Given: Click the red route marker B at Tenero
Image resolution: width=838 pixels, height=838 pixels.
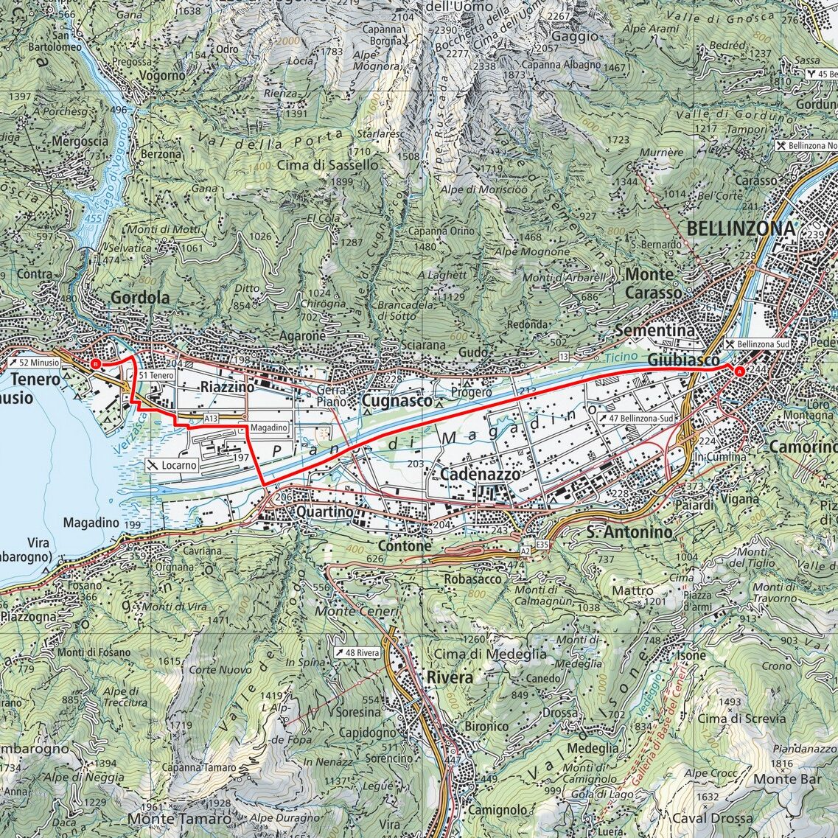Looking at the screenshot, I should point(94,363).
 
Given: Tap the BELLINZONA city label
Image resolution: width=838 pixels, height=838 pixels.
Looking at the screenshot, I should point(741,228).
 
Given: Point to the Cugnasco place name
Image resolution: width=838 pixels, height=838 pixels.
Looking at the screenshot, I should point(397,400).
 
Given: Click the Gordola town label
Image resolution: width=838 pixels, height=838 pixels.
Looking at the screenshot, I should point(140,298).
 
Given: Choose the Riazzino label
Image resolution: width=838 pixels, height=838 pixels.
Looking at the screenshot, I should point(226,387).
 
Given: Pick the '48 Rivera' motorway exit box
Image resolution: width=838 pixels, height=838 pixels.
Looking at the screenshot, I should point(357,652).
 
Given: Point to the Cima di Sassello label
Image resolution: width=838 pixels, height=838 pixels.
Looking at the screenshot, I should point(328,166).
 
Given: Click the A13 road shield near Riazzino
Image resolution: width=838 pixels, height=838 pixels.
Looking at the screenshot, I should point(212,418).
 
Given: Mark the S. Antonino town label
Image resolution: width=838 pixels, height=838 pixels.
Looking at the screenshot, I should point(629,531).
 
